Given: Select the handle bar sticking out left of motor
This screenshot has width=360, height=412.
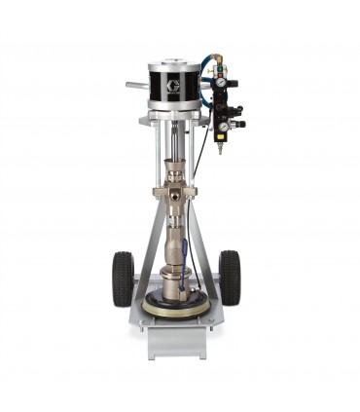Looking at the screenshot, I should coord(136,86).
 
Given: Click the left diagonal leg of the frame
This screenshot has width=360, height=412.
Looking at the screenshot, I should coord(144,243).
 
